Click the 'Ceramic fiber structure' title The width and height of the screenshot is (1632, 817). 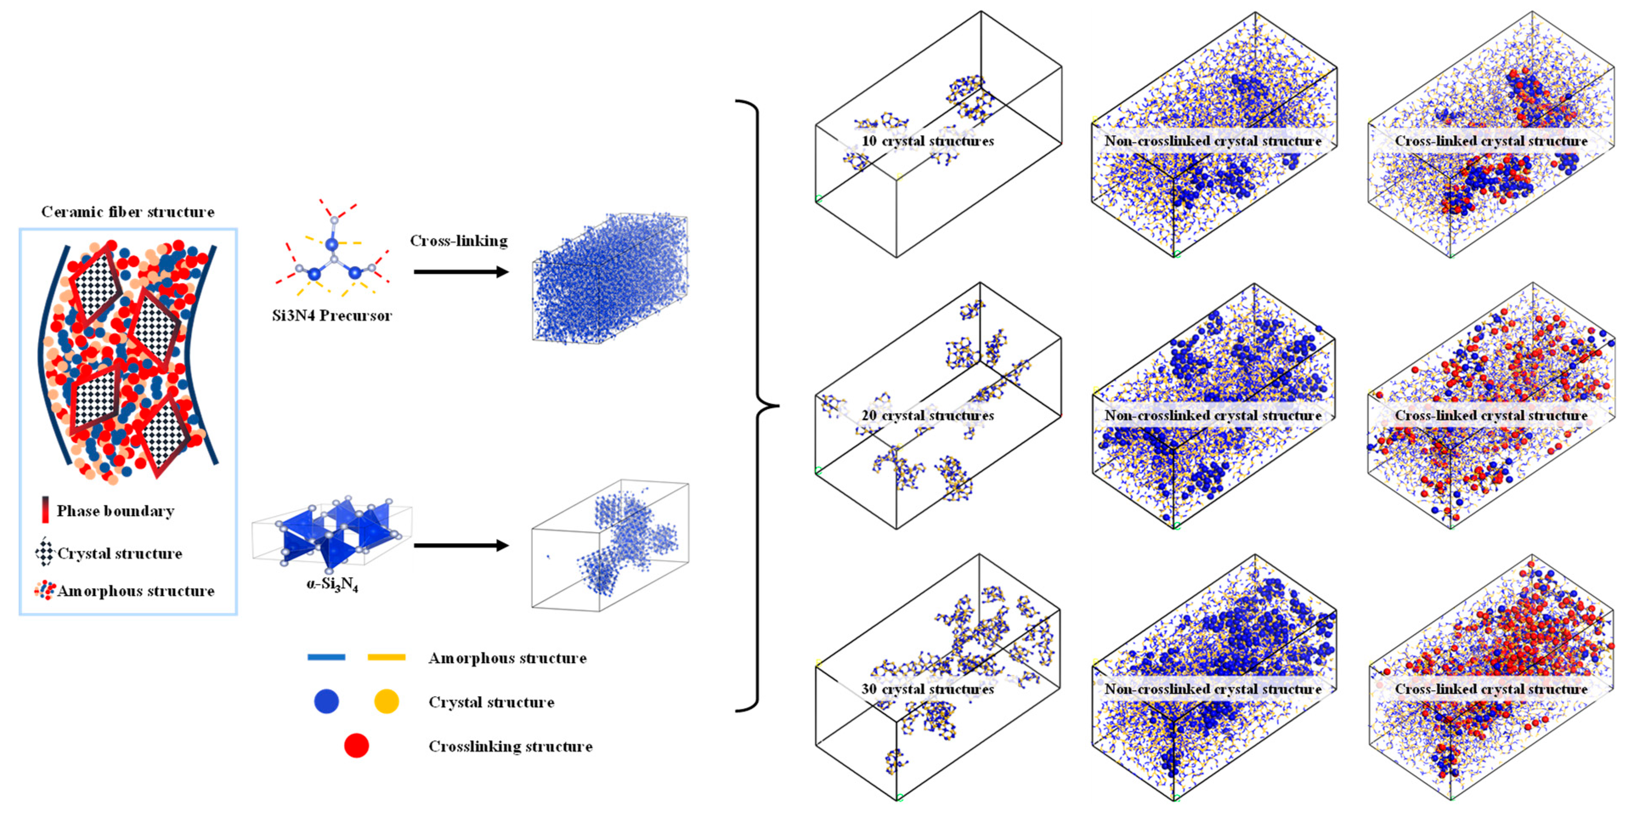pos(128,212)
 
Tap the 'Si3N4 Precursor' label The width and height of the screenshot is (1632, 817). pos(332,315)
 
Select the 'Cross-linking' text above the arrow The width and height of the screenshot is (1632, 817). pos(459,240)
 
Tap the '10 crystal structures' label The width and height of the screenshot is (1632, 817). pos(928,141)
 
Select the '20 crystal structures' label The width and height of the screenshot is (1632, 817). pos(928,416)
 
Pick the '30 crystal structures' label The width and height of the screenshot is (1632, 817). pos(928,689)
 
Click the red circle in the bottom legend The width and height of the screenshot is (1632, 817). pos(356,746)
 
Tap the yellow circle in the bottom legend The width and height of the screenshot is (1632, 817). pos(387,701)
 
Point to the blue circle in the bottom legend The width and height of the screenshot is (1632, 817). pos(326,701)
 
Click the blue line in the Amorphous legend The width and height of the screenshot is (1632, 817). pos(326,657)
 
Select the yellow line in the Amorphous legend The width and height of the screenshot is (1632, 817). pos(387,657)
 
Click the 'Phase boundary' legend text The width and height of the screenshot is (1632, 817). pos(115,511)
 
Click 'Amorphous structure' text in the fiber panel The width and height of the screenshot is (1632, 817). pos(136,591)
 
